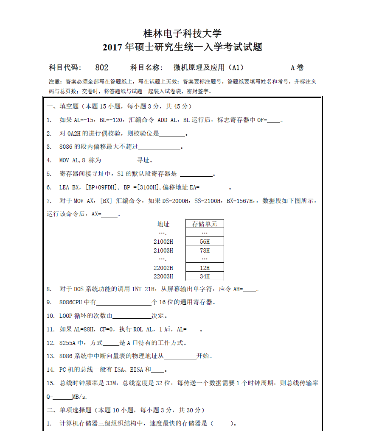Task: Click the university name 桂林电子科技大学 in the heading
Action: (x=182, y=33)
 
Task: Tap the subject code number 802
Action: (x=102, y=67)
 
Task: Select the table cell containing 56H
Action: (x=205, y=242)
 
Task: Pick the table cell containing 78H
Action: (x=205, y=250)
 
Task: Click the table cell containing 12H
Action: (x=205, y=268)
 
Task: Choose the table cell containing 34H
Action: (x=205, y=276)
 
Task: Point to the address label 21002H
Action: (x=163, y=242)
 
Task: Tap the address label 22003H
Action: (x=163, y=276)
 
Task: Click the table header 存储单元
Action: (x=205, y=224)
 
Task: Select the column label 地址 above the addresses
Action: (x=163, y=224)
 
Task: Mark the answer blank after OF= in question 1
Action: (x=274, y=121)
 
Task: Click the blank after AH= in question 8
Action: (x=250, y=290)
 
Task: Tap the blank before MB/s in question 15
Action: (x=63, y=398)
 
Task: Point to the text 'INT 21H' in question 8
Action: (x=143, y=289)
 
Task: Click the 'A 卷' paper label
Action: (x=297, y=67)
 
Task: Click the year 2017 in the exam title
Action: (x=112, y=47)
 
